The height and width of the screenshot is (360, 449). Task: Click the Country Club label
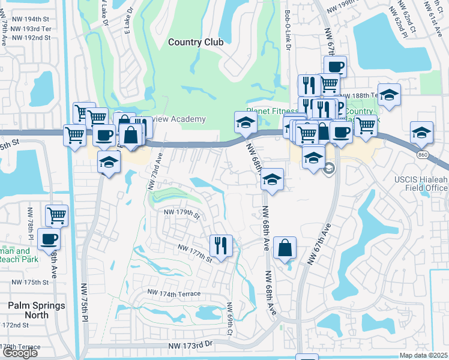click(x=196, y=42)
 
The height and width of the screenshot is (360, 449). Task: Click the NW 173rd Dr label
click(x=191, y=346)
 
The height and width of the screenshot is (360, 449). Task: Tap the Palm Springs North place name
click(x=36, y=310)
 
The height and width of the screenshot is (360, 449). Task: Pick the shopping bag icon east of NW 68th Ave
click(x=285, y=247)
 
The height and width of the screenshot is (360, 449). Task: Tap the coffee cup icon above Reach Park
click(x=49, y=239)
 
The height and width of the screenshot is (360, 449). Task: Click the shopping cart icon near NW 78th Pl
click(x=56, y=215)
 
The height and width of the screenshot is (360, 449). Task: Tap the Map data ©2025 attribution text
click(x=424, y=355)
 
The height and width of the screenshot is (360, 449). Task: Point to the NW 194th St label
click(x=29, y=20)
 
